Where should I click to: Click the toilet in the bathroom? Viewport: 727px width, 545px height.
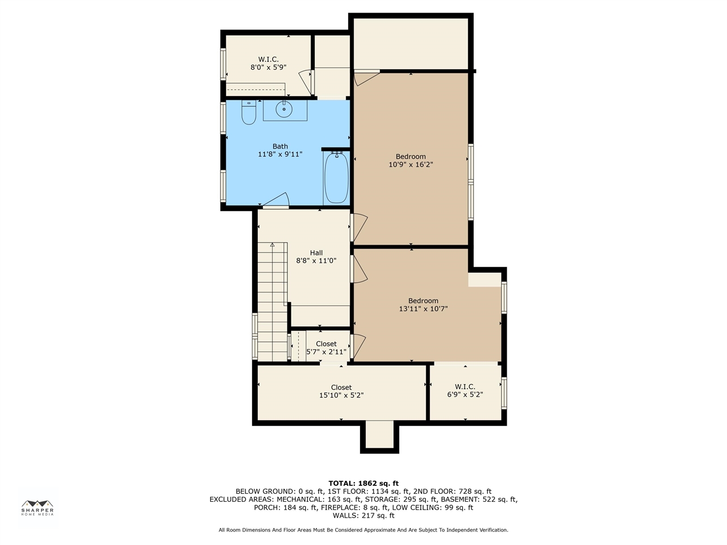click(x=249, y=112)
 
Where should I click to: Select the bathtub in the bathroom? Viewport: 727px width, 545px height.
click(x=336, y=178)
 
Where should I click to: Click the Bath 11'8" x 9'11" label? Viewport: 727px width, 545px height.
click(x=280, y=150)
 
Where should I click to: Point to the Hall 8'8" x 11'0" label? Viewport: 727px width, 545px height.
click(x=316, y=257)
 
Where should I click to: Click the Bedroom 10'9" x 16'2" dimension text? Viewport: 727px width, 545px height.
click(x=411, y=161)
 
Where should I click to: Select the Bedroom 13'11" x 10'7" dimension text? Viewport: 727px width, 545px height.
click(x=423, y=305)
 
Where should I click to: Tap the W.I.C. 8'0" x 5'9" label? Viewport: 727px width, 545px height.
click(x=268, y=63)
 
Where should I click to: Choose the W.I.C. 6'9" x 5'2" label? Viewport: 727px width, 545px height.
click(x=465, y=391)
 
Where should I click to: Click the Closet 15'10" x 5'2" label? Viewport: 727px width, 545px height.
click(x=341, y=391)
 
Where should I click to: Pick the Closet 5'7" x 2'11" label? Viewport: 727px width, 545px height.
click(x=326, y=348)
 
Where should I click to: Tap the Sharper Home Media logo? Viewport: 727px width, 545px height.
click(x=37, y=508)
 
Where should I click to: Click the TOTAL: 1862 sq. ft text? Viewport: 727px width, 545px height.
click(x=363, y=484)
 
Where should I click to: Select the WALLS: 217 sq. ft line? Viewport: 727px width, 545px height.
click(x=363, y=515)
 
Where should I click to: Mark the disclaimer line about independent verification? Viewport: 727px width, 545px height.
click(x=363, y=530)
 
